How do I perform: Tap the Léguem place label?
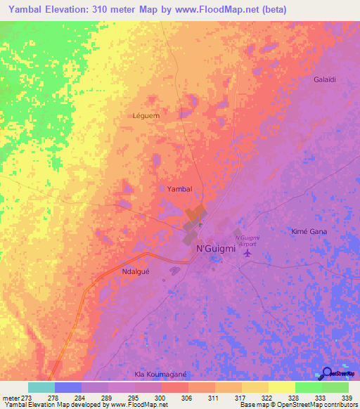click(x=146, y=115)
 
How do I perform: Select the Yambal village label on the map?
click(x=179, y=189)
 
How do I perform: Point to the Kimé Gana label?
click(x=309, y=231)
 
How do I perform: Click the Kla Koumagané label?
click(x=163, y=375)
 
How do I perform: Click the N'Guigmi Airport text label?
click(x=247, y=241)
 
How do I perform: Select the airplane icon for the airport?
click(x=247, y=262)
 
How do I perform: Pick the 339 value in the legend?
click(x=347, y=397)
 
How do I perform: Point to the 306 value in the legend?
click(x=186, y=397)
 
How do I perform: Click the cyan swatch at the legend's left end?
click(x=41, y=387)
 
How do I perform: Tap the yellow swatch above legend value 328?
click(x=281, y=387)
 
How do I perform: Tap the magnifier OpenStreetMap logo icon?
click(x=328, y=373)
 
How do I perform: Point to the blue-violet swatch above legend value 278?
click(x=67, y=387)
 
